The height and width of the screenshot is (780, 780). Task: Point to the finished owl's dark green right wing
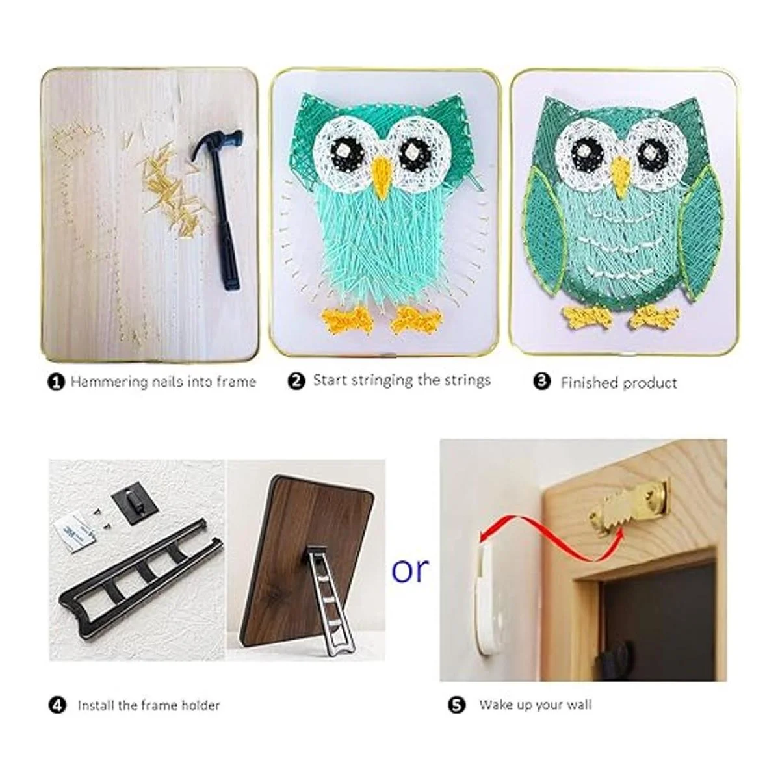click(699, 235)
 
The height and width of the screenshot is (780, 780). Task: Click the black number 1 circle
click(57, 382)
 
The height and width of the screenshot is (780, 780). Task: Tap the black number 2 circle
click(296, 381)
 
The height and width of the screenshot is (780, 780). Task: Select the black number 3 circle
click(542, 381)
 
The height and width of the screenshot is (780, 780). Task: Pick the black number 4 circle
click(57, 706)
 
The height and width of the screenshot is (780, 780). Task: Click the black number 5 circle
click(456, 705)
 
